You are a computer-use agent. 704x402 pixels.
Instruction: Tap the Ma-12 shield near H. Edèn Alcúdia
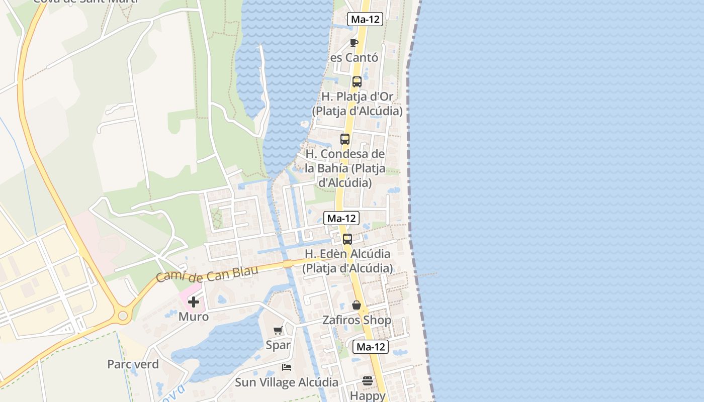pos(341,218)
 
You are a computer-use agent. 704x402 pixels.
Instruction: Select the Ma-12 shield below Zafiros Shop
pos(371,347)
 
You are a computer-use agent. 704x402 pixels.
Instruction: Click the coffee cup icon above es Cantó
pos(354,43)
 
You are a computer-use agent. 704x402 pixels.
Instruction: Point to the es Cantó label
pos(354,58)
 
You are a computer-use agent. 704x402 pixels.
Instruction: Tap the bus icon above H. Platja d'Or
pos(357,81)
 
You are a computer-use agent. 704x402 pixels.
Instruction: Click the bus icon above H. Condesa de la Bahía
pos(345,139)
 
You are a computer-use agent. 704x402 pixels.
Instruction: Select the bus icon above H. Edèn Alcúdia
pos(347,239)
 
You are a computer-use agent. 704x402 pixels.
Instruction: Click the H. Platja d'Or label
pos(357,104)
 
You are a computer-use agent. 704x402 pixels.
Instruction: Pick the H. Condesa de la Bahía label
pos(345,168)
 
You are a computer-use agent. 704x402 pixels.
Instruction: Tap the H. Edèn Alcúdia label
pos(347,261)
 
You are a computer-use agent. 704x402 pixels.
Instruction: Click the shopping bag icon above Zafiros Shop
pos(357,305)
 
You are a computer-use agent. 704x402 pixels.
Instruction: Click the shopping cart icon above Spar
pos(278,330)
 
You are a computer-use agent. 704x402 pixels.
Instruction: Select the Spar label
pos(278,345)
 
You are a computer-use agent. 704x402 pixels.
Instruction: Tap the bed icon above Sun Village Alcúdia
pos(287,367)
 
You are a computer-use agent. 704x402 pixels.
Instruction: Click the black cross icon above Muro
pos(194,302)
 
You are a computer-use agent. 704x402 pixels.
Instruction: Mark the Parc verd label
pos(133,364)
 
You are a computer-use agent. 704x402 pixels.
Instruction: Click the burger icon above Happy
pos(368,381)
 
